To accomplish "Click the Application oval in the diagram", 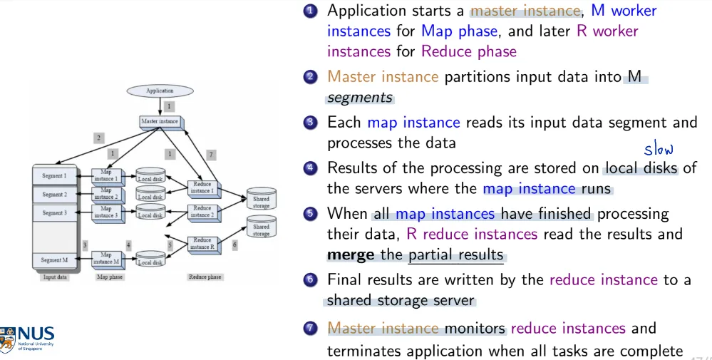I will coord(160,91).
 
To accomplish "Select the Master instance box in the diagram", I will coord(159,122).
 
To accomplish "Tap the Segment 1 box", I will coord(54,175).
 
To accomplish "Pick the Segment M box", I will coord(54,260).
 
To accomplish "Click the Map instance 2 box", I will coord(106,194).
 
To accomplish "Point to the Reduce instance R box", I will coord(202,244).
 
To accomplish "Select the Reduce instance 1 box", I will coord(202,187).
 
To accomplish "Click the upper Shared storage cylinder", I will coord(261,201).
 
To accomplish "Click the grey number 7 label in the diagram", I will coord(210,155).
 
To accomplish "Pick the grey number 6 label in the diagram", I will coord(234,244).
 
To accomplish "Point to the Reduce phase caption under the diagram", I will coord(205,277).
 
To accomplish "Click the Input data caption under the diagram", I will coord(55,277).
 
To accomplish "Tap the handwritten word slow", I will coord(658,149).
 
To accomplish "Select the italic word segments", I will coord(359,97).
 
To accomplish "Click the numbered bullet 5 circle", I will coord(309,214).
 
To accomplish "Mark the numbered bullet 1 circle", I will coord(309,11).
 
